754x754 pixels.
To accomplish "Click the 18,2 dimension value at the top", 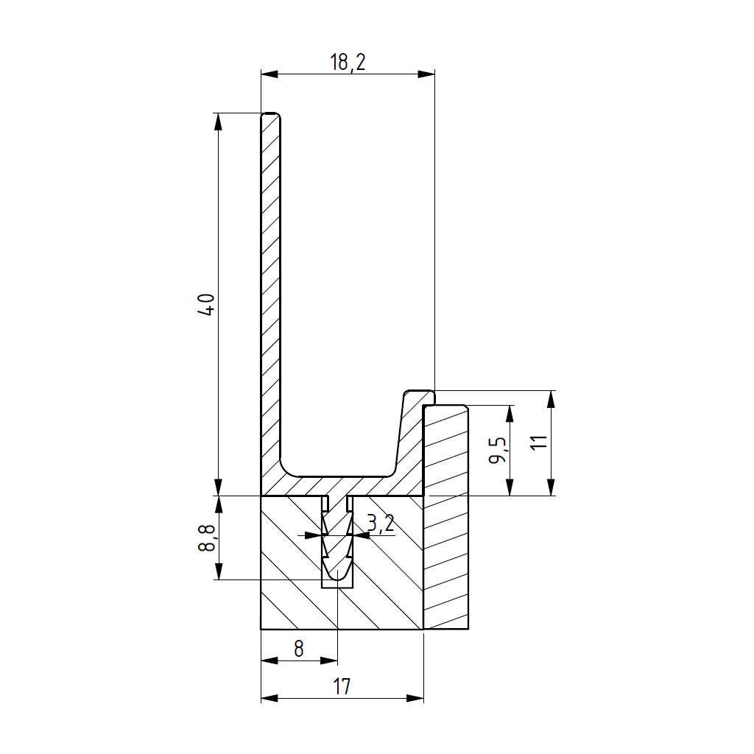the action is point(348,63).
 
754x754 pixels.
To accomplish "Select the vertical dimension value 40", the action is point(207,304).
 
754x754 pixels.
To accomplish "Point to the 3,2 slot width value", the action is point(381,523).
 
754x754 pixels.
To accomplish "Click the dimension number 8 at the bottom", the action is point(299,649).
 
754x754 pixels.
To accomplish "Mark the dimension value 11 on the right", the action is point(540,442).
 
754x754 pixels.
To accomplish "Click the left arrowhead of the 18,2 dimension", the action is point(269,74).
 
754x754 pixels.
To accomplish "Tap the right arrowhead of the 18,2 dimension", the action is point(426,74).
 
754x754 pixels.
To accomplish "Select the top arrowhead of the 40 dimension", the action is point(218,121).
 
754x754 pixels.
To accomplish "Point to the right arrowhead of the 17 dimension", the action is point(415,698).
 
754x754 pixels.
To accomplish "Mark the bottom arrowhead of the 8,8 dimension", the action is point(218,571).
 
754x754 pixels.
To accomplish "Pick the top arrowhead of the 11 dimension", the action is point(552,400).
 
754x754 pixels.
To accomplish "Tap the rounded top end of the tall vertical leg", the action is point(271,116).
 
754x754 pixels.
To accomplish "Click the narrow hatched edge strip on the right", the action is point(445,517).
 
